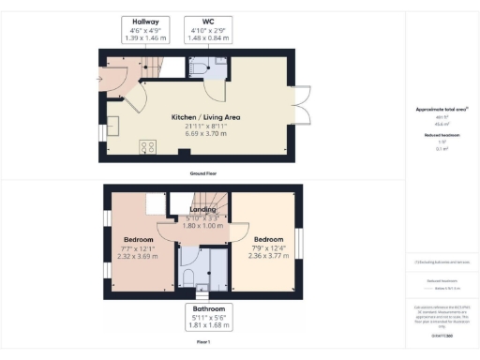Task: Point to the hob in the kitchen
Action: click(x=147, y=145)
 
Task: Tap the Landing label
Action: click(x=203, y=210)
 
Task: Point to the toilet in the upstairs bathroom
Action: click(x=187, y=275)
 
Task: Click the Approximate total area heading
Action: click(x=440, y=110)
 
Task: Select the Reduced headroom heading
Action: click(x=440, y=135)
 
